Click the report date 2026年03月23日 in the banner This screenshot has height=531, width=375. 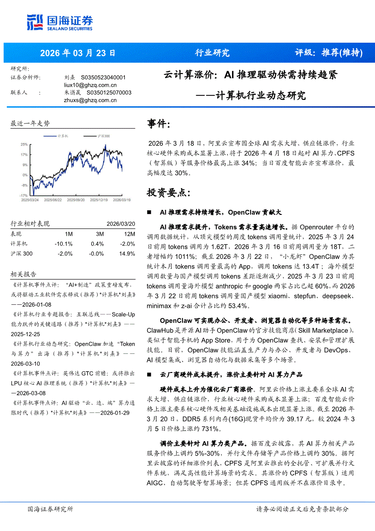tap(78, 53)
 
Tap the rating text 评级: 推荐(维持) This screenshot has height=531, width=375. tap(328, 53)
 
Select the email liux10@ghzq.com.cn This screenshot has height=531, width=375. tap(90, 85)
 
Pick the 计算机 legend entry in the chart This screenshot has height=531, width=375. tap(62, 136)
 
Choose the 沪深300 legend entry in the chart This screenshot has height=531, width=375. tap(103, 136)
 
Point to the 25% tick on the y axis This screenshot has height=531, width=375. tap(24, 144)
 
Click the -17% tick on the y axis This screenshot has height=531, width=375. tap(24, 195)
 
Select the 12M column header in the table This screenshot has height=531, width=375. tap(129, 234)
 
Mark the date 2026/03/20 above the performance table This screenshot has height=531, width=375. tap(121, 224)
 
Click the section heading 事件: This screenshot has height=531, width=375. tap(159, 124)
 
